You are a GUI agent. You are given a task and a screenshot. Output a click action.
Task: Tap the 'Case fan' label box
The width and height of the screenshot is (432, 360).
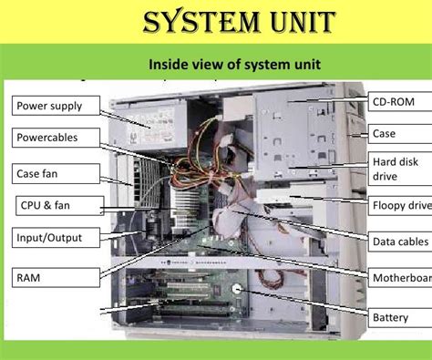click(x=50, y=173)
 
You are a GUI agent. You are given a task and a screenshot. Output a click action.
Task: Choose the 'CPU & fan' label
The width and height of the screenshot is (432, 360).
click(x=51, y=206)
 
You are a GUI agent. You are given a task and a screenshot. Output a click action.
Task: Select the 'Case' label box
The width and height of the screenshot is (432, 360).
click(x=399, y=133)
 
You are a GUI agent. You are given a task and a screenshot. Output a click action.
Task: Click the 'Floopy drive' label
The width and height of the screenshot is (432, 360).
click(x=399, y=206)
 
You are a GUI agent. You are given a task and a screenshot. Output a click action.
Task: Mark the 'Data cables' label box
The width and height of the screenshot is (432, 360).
click(x=399, y=242)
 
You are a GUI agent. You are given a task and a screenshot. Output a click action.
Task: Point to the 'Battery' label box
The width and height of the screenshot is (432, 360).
click(x=399, y=318)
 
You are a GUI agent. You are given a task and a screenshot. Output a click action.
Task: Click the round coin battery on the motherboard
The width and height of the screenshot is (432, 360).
click(x=238, y=292)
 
